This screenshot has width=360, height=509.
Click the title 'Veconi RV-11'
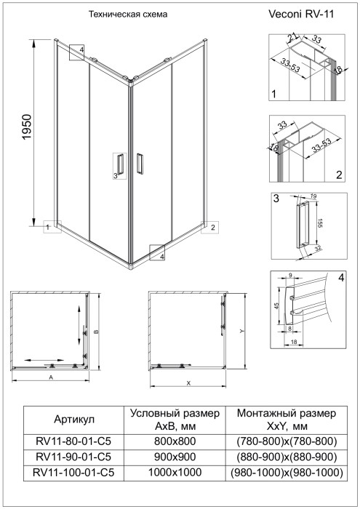(x=301, y=13)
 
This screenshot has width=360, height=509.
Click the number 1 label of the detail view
(x=273, y=95)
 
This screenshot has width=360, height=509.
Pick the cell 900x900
(x=175, y=457)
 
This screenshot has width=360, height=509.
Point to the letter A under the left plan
(x=50, y=379)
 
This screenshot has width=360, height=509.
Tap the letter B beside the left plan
(x=97, y=329)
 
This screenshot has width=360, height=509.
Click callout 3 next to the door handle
(x=115, y=175)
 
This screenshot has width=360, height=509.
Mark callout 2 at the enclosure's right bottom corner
(x=213, y=228)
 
